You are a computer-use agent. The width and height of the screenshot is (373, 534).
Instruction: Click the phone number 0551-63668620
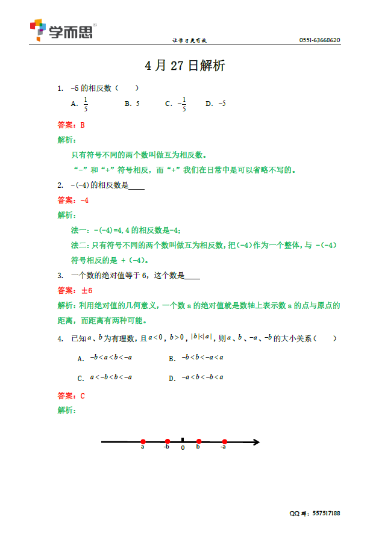(x=319, y=40)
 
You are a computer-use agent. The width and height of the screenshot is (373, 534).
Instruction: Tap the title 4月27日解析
(x=186, y=66)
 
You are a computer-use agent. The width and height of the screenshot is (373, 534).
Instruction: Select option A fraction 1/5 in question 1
(x=85, y=104)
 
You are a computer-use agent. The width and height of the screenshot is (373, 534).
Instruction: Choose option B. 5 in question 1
(x=132, y=104)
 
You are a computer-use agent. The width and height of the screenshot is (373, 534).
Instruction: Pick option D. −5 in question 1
(x=215, y=104)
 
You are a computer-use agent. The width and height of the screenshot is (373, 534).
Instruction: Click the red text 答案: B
(x=71, y=126)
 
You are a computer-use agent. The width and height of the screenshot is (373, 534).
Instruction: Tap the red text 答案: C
(x=71, y=396)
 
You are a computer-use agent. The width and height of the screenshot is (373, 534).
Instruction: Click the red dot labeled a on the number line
(x=143, y=442)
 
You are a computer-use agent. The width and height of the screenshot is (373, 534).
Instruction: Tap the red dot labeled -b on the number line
(x=168, y=442)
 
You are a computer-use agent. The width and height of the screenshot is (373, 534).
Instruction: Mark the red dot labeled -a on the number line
(x=224, y=442)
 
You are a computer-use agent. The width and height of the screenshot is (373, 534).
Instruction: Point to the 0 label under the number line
(x=183, y=449)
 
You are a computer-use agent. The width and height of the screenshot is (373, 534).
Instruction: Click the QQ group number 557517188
(x=324, y=514)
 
